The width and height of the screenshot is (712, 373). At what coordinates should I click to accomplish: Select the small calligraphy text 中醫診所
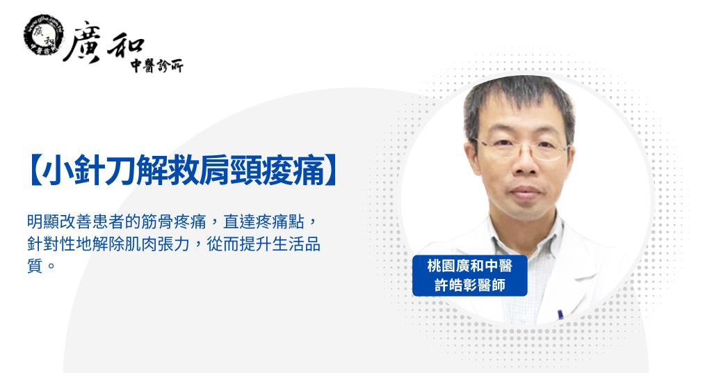156,66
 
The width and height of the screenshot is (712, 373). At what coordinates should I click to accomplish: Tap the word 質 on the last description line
35,265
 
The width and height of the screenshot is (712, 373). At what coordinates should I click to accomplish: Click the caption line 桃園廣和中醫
469,265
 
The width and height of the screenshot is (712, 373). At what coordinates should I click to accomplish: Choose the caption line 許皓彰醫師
470,285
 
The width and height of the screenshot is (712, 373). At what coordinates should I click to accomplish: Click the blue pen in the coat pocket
560,315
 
